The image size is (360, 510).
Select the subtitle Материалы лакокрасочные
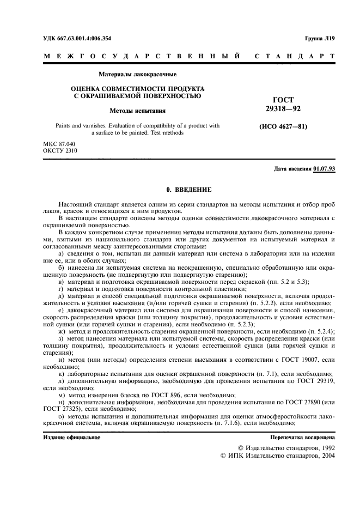137,74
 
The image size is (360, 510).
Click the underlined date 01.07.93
324,169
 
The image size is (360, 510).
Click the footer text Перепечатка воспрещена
303,437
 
